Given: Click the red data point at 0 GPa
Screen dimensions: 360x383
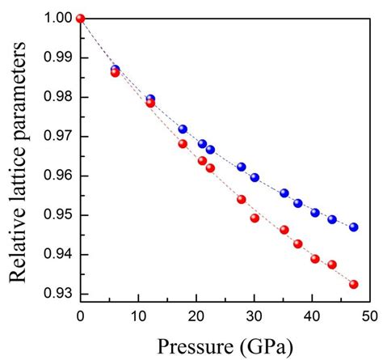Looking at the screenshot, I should click(x=80, y=19).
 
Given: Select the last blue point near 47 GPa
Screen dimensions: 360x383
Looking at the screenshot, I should click(x=354, y=227).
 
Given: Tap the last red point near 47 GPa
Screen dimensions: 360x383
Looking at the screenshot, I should click(x=354, y=284).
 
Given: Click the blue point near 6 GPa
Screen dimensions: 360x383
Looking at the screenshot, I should click(x=115, y=70).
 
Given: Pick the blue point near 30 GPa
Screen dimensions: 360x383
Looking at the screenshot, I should click(x=255, y=177).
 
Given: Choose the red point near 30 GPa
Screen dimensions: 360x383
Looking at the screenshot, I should click(x=255, y=218).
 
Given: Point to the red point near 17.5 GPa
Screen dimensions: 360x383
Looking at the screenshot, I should click(x=183, y=144).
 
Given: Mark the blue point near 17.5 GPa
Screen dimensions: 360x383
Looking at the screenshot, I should click(x=183, y=129).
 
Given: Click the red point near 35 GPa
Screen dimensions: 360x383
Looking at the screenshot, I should click(x=284, y=230).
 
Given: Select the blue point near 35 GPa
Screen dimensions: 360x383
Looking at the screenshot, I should click(x=284, y=193).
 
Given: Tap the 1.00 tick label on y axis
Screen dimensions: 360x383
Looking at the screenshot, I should click(x=57, y=19).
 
